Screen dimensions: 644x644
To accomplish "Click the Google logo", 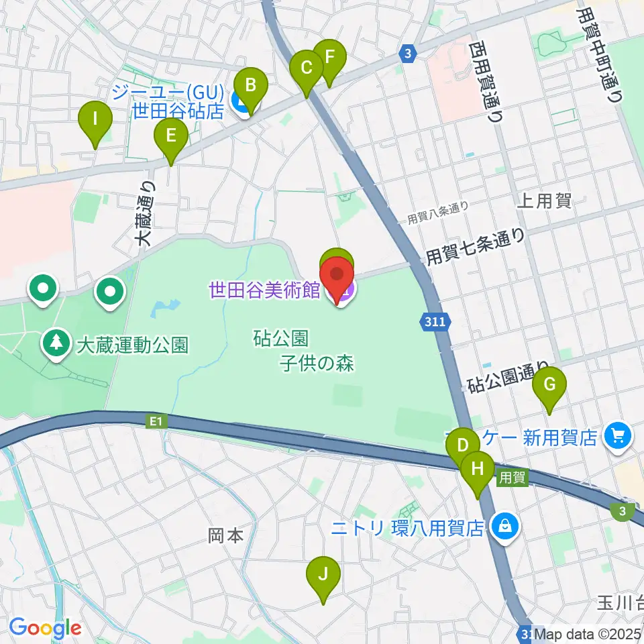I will (x=45, y=629).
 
